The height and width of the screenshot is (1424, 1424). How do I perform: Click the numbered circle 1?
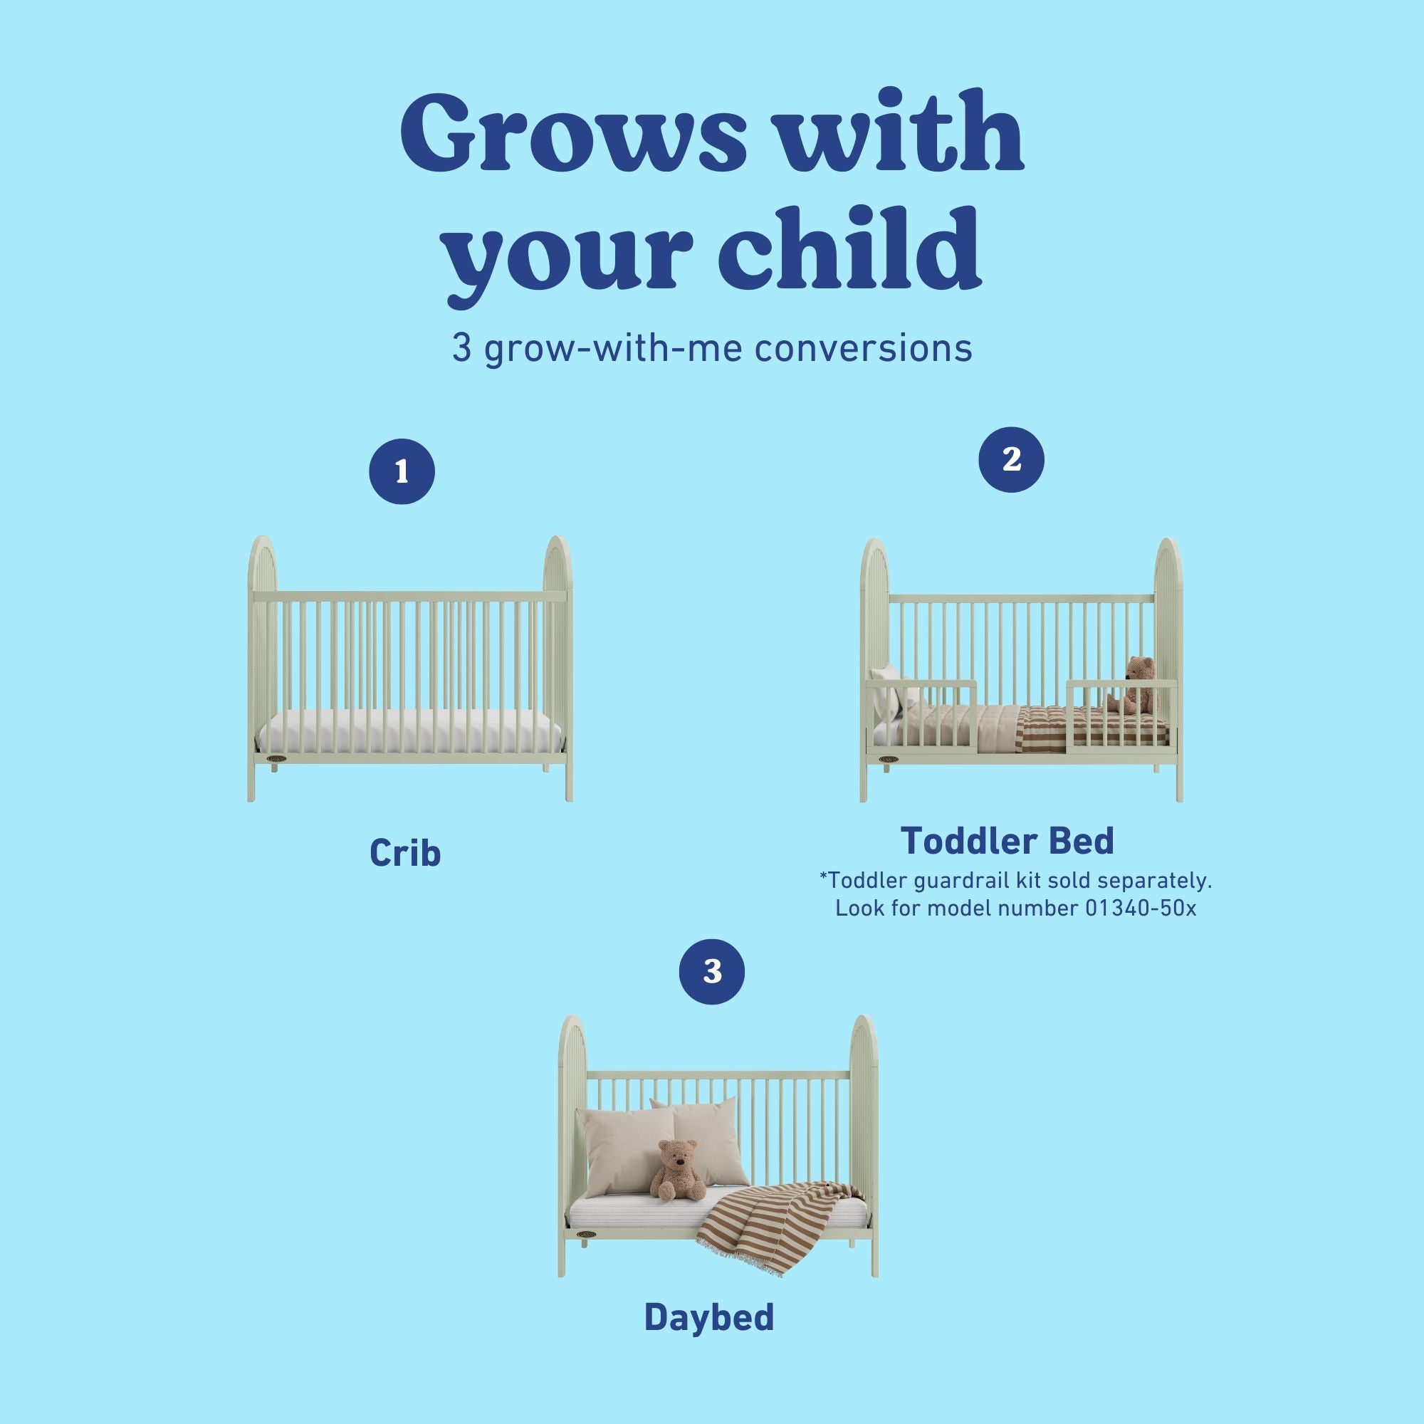(x=402, y=472)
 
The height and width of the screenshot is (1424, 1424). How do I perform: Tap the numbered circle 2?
(x=1011, y=459)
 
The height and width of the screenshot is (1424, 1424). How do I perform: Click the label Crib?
(x=404, y=853)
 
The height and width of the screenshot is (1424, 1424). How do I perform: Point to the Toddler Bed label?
(x=1007, y=840)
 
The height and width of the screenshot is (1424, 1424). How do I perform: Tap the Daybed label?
(x=709, y=1317)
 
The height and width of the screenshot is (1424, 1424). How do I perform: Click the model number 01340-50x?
(x=1140, y=908)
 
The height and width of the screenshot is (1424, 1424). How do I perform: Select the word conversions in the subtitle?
(x=863, y=349)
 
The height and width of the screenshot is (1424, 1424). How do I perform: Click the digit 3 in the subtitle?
(x=461, y=349)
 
